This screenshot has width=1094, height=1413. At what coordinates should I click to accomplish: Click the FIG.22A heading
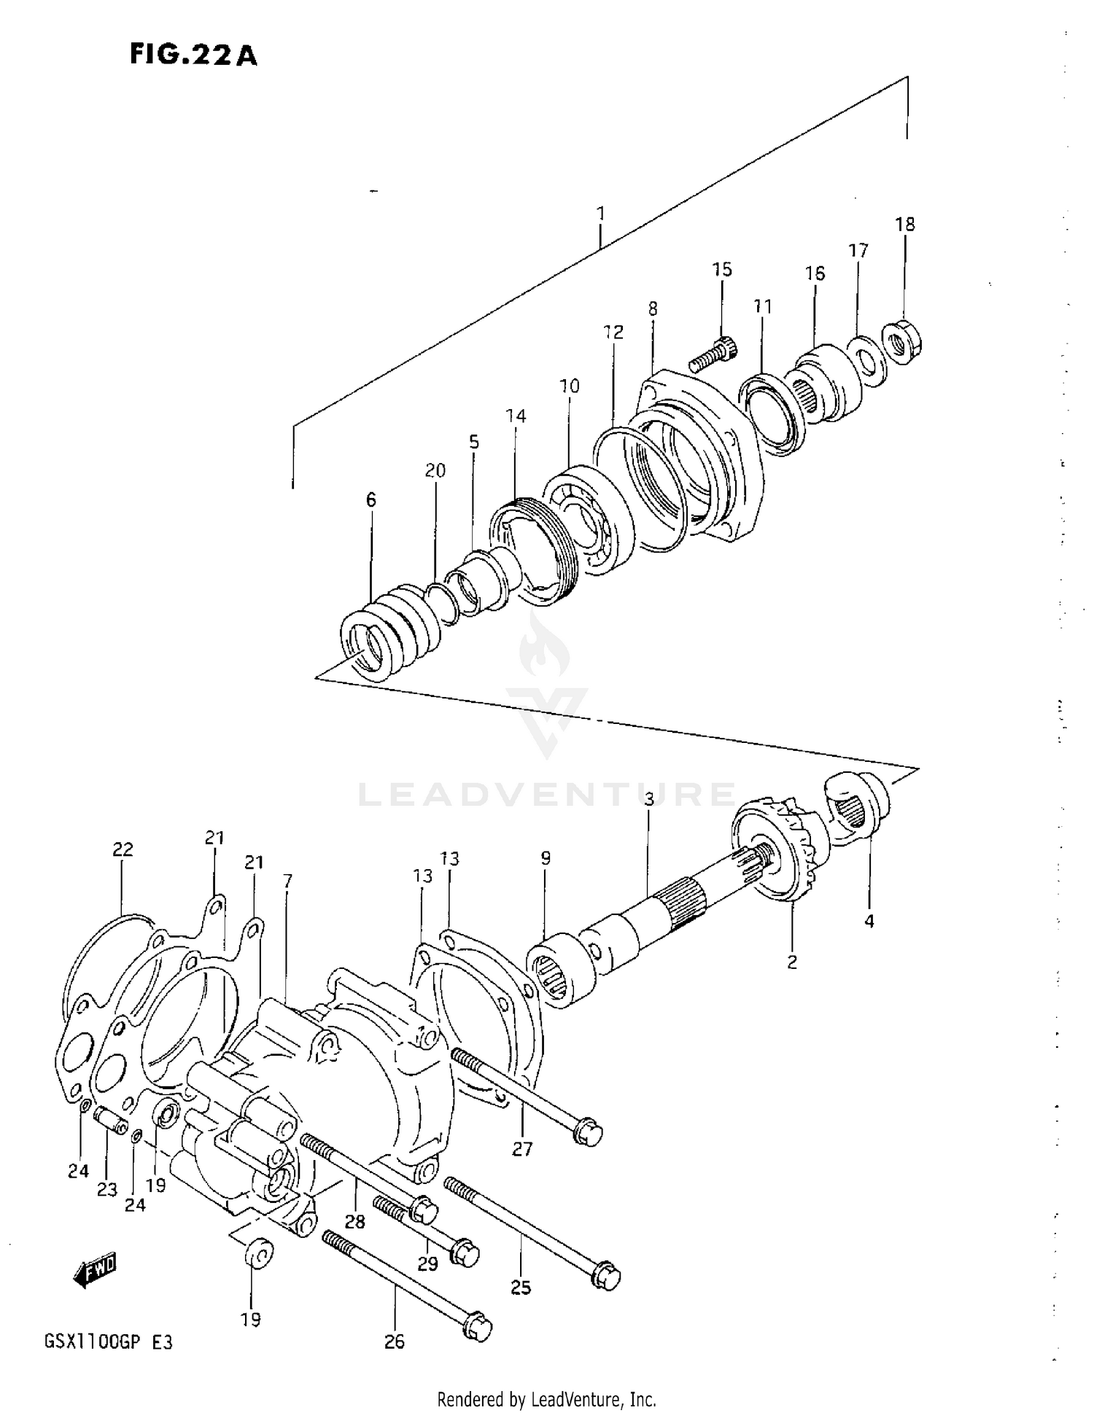(193, 55)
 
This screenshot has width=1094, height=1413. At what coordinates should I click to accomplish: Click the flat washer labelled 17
(866, 359)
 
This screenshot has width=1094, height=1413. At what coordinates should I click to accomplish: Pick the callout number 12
(613, 332)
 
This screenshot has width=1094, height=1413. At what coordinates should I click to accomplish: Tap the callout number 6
(371, 500)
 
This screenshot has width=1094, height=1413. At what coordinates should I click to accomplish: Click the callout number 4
(869, 922)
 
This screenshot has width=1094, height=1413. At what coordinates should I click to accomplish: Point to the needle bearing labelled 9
(558, 970)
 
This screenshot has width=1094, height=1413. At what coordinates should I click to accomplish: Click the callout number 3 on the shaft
(648, 800)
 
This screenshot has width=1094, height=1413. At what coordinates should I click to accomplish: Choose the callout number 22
(123, 849)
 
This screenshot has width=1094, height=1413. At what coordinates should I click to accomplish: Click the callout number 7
(287, 881)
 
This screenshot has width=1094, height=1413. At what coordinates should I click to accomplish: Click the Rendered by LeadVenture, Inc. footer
(546, 1399)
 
